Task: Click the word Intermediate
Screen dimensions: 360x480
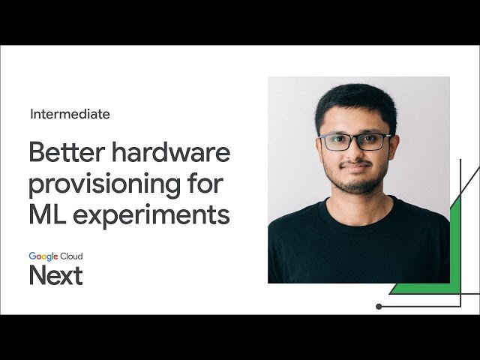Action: point(70,115)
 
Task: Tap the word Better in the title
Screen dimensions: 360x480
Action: point(62,152)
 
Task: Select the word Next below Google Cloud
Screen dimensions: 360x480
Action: point(55,275)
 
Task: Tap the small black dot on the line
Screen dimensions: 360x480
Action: point(379,306)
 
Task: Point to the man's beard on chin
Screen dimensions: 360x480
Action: point(357,184)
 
